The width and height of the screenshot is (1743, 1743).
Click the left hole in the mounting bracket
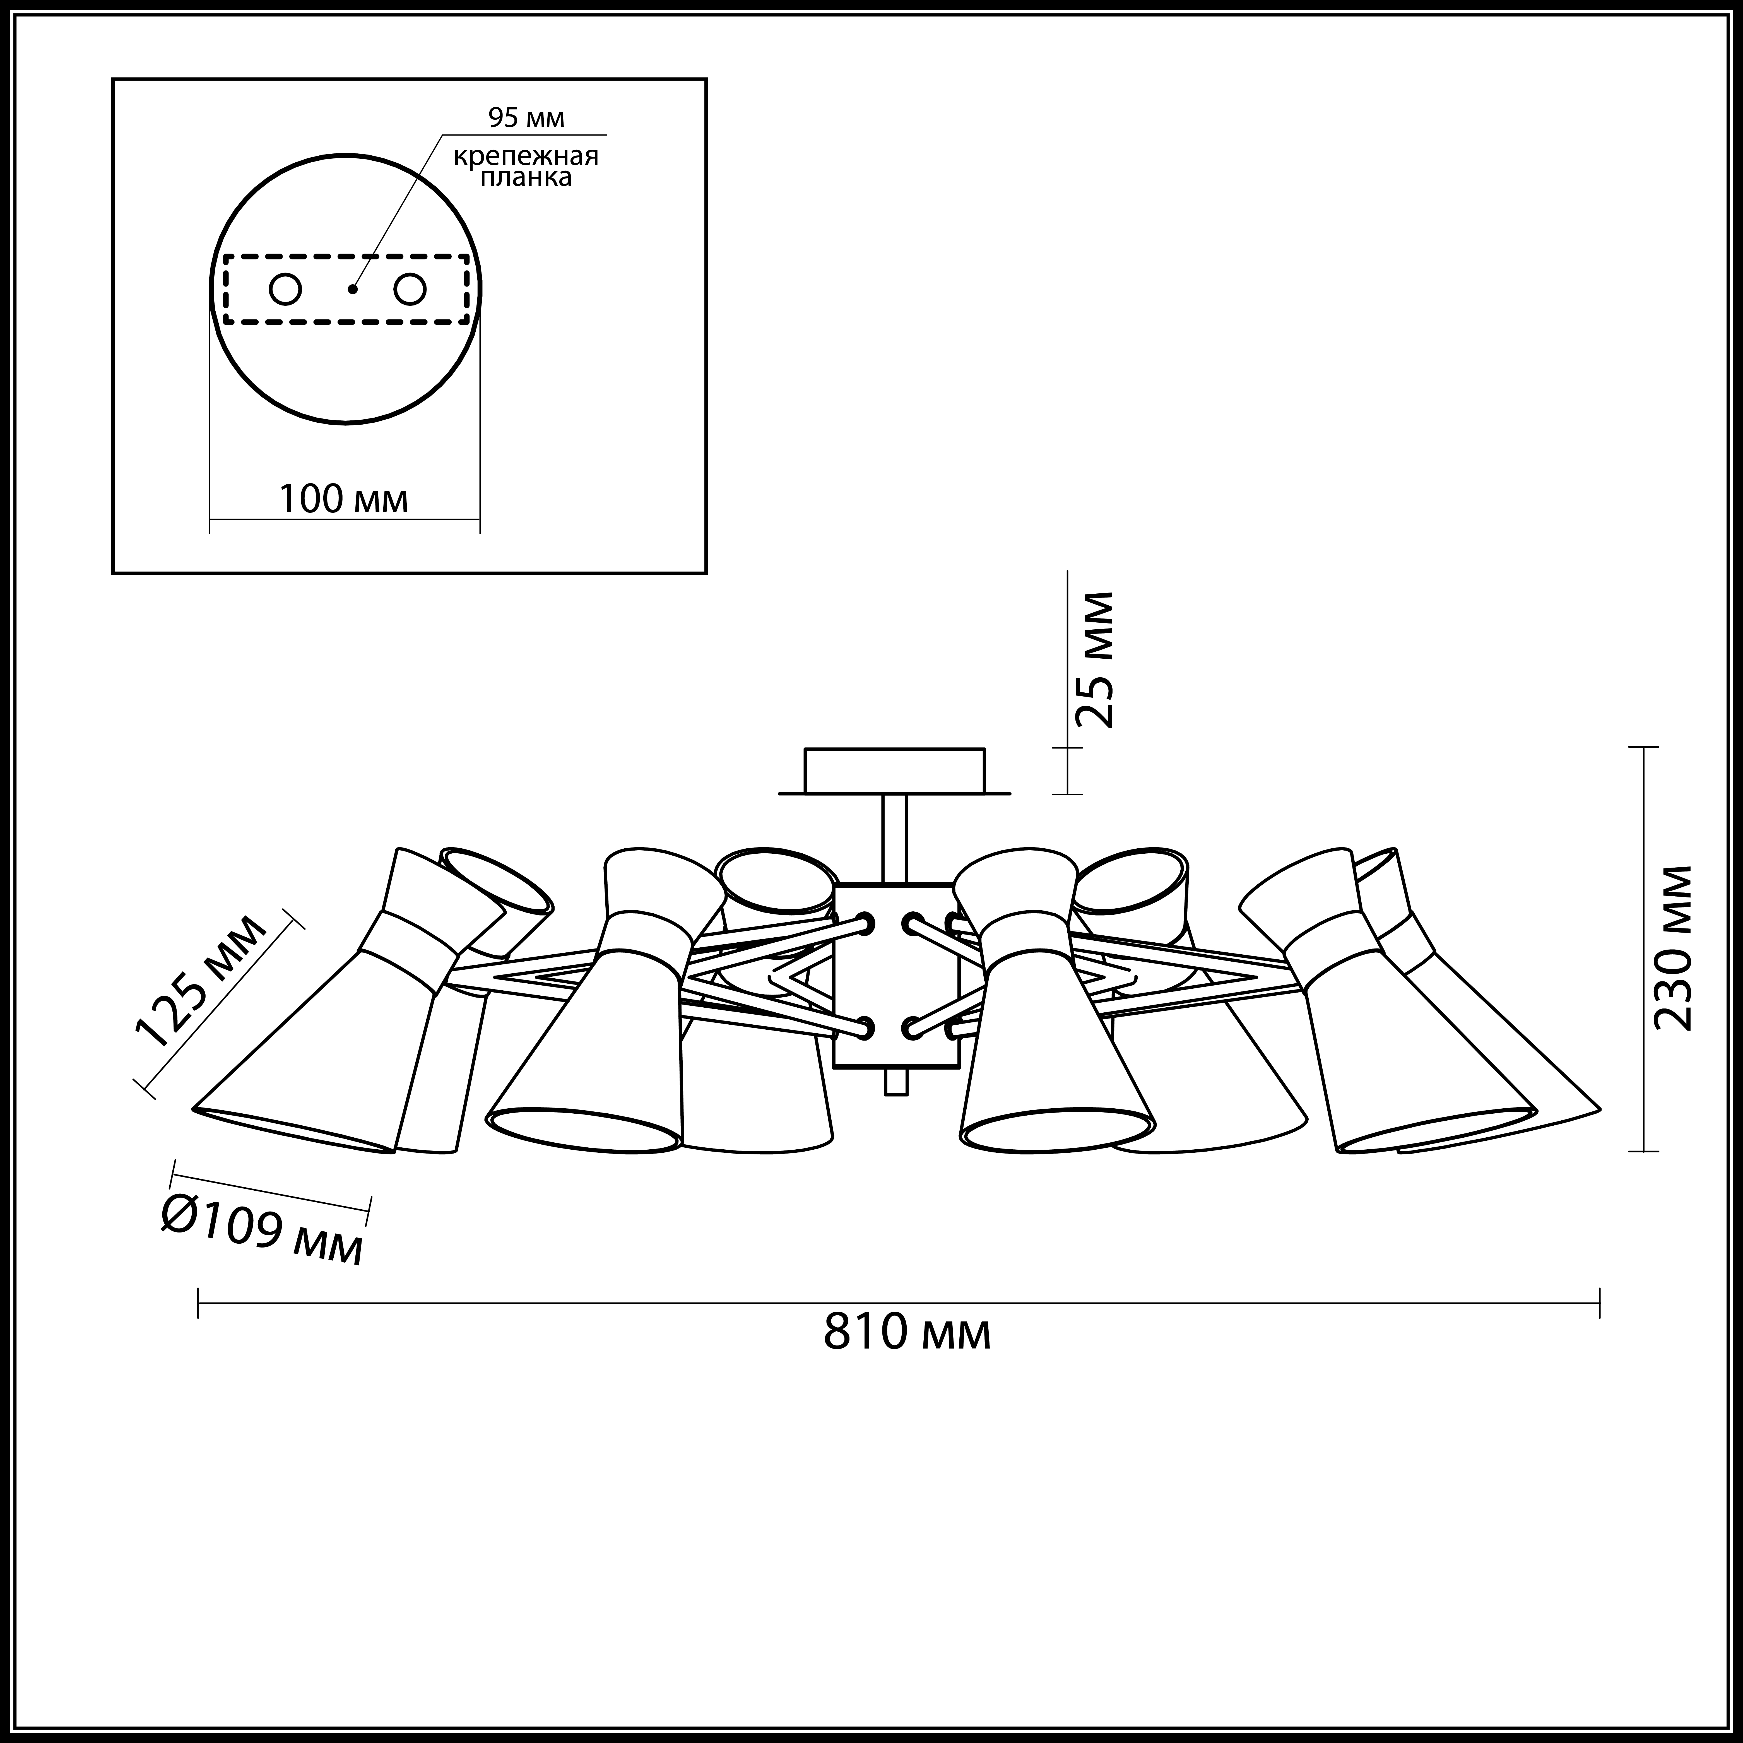(285, 290)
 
